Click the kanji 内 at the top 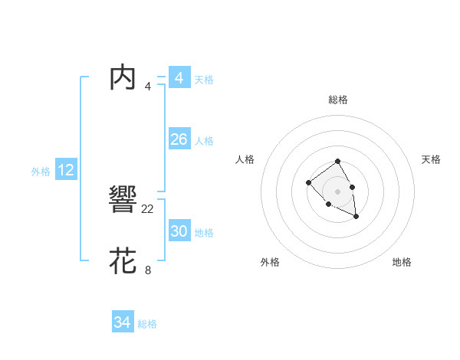pyautogui.click(x=123, y=78)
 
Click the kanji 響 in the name pyautogui.click(x=123, y=201)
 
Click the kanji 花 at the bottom pyautogui.click(x=123, y=261)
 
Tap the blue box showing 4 pyautogui.click(x=179, y=78)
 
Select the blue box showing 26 pyautogui.click(x=179, y=139)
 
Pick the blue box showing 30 pyautogui.click(x=179, y=231)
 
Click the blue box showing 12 pyautogui.click(x=66, y=170)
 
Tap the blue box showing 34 pyautogui.click(x=122, y=323)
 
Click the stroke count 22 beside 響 pyautogui.click(x=148, y=208)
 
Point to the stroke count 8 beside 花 pyautogui.click(x=148, y=270)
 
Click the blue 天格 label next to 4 pyautogui.click(x=204, y=80)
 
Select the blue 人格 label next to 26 pyautogui.click(x=204, y=141)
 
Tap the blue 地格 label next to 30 pyautogui.click(x=204, y=233)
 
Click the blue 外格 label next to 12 pyautogui.click(x=41, y=172)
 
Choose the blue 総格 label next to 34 pyautogui.click(x=147, y=325)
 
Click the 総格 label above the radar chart pyautogui.click(x=338, y=100)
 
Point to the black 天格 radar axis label pyautogui.click(x=431, y=159)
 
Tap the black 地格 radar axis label pyautogui.click(x=402, y=262)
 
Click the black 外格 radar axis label pyautogui.click(x=270, y=262)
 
